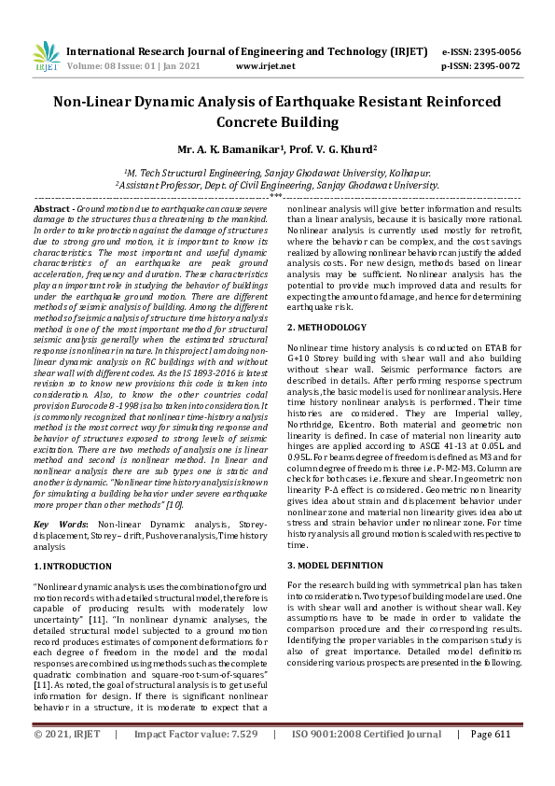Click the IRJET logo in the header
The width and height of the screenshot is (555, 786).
(46, 58)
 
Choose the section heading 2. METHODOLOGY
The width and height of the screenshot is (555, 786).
(326, 328)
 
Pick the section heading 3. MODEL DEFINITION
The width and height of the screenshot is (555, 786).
(335, 566)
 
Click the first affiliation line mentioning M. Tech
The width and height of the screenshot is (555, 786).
(277, 173)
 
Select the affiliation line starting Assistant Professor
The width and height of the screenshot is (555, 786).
(277, 185)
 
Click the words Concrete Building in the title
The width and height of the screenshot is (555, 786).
(277, 122)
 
